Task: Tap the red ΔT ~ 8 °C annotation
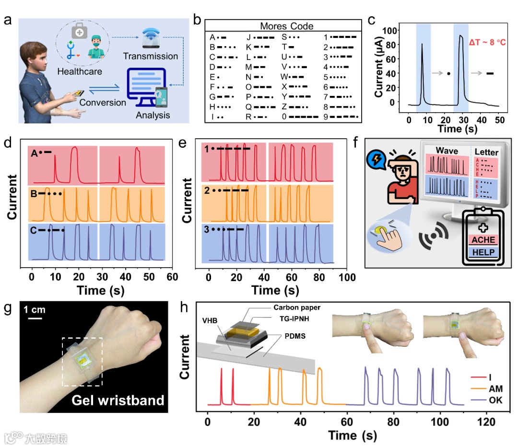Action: click(487, 43)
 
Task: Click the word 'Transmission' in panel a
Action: click(150, 56)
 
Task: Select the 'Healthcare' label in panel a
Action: click(80, 71)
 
